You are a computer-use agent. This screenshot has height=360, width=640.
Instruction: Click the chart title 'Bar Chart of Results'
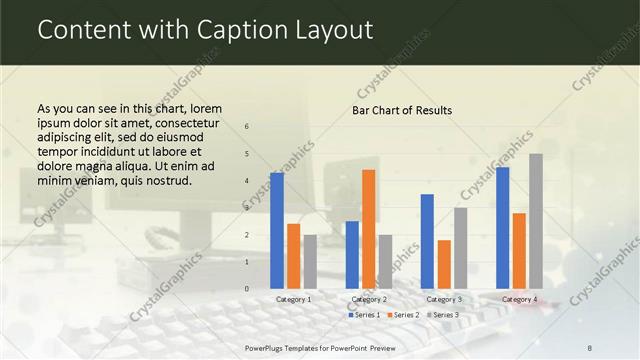[401, 110]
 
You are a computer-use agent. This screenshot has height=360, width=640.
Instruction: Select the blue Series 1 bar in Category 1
[277, 230]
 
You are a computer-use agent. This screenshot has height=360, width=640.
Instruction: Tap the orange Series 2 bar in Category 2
[369, 229]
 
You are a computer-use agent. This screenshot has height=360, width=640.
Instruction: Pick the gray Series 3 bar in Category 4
[536, 221]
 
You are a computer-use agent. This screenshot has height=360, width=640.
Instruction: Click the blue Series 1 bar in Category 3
[427, 241]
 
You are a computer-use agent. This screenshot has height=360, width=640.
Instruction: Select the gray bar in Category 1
[310, 261]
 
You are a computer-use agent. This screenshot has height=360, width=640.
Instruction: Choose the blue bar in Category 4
[502, 227]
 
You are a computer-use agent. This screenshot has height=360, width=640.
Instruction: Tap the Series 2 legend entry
[402, 315]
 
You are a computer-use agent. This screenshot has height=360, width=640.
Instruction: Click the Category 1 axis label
[294, 299]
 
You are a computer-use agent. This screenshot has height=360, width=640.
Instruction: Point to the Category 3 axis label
[444, 299]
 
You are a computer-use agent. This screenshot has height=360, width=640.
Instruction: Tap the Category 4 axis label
[519, 299]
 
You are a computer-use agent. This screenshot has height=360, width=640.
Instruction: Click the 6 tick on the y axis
[246, 127]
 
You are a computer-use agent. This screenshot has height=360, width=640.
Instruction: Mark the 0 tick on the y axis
[246, 289]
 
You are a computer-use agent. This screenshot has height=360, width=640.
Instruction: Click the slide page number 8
[590, 347]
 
